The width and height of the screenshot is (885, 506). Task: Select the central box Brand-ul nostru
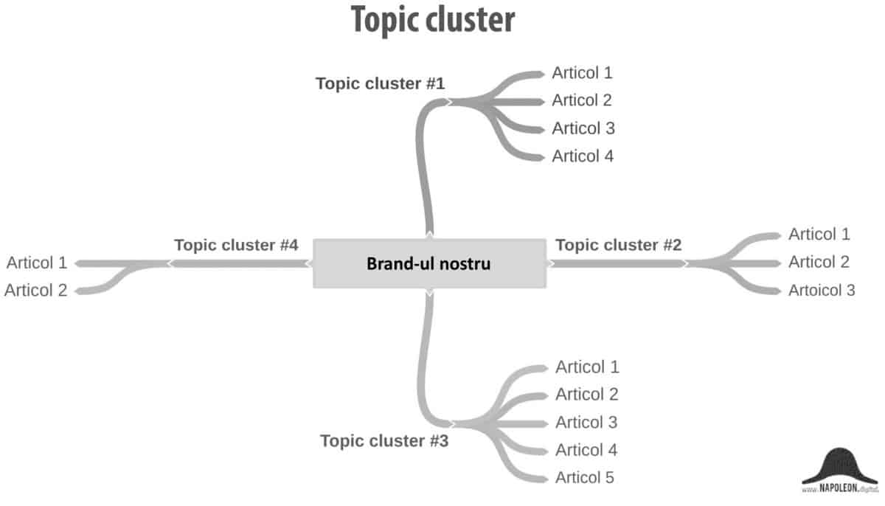[428, 263]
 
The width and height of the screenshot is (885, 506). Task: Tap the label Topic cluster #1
[380, 83]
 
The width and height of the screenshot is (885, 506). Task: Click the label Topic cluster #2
[618, 245]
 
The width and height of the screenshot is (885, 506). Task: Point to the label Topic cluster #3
[384, 441]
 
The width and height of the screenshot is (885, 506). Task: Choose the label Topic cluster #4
[236, 245]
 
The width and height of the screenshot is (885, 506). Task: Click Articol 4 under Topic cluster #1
[583, 156]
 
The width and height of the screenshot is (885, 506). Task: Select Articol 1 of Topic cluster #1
[582, 73]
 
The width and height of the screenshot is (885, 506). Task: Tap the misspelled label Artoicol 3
[822, 290]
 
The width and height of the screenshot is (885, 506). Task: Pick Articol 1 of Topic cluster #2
[819, 235]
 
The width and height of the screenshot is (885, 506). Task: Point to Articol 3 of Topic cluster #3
[586, 422]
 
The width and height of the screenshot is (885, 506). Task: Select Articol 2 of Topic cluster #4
[35, 290]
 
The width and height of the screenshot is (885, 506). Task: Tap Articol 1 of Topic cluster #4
[37, 263]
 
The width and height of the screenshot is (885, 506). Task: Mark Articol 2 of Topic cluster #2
[819, 262]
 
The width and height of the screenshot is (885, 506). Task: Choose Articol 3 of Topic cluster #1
[583, 128]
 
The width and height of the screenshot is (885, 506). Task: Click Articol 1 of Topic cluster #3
[587, 367]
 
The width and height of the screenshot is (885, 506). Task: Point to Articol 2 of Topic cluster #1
[582, 100]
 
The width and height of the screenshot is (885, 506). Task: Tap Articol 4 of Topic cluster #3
[586, 450]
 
